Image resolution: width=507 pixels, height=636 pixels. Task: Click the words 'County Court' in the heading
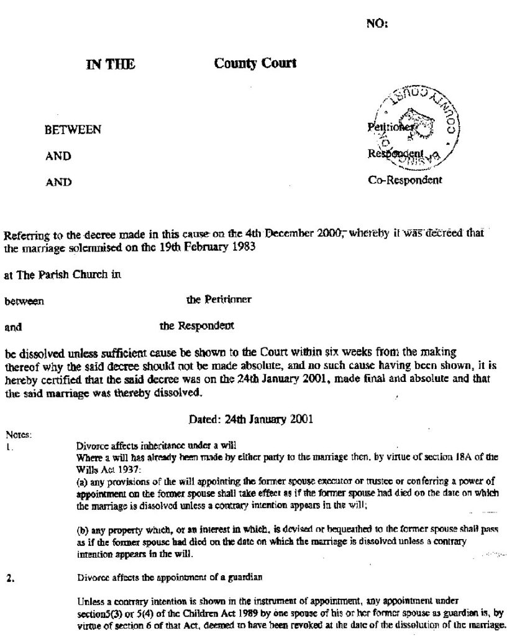255,63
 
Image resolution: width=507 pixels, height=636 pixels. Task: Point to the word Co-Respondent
405,181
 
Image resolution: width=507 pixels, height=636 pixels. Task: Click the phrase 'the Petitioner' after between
219,300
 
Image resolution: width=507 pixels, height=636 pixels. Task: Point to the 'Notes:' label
15,434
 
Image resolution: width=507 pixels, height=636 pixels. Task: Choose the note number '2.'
10,577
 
